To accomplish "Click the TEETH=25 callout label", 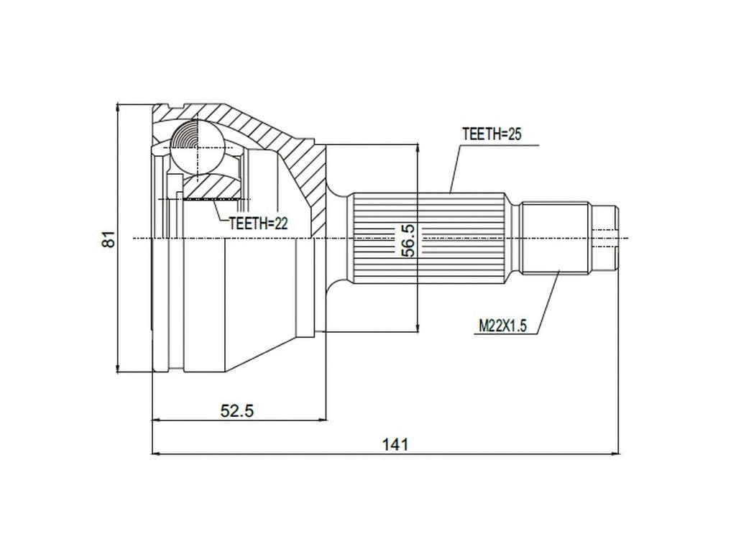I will [x=491, y=134].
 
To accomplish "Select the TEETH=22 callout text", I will [x=258, y=224].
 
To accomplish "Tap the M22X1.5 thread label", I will [x=503, y=326].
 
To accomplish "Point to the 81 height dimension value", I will [x=108, y=239].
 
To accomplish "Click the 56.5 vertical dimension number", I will [x=408, y=239].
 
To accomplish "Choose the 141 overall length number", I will [x=395, y=444].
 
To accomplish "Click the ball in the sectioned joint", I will [x=196, y=147].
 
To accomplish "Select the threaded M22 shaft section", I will [x=556, y=238].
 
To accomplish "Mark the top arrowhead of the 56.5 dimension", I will [x=418, y=149].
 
